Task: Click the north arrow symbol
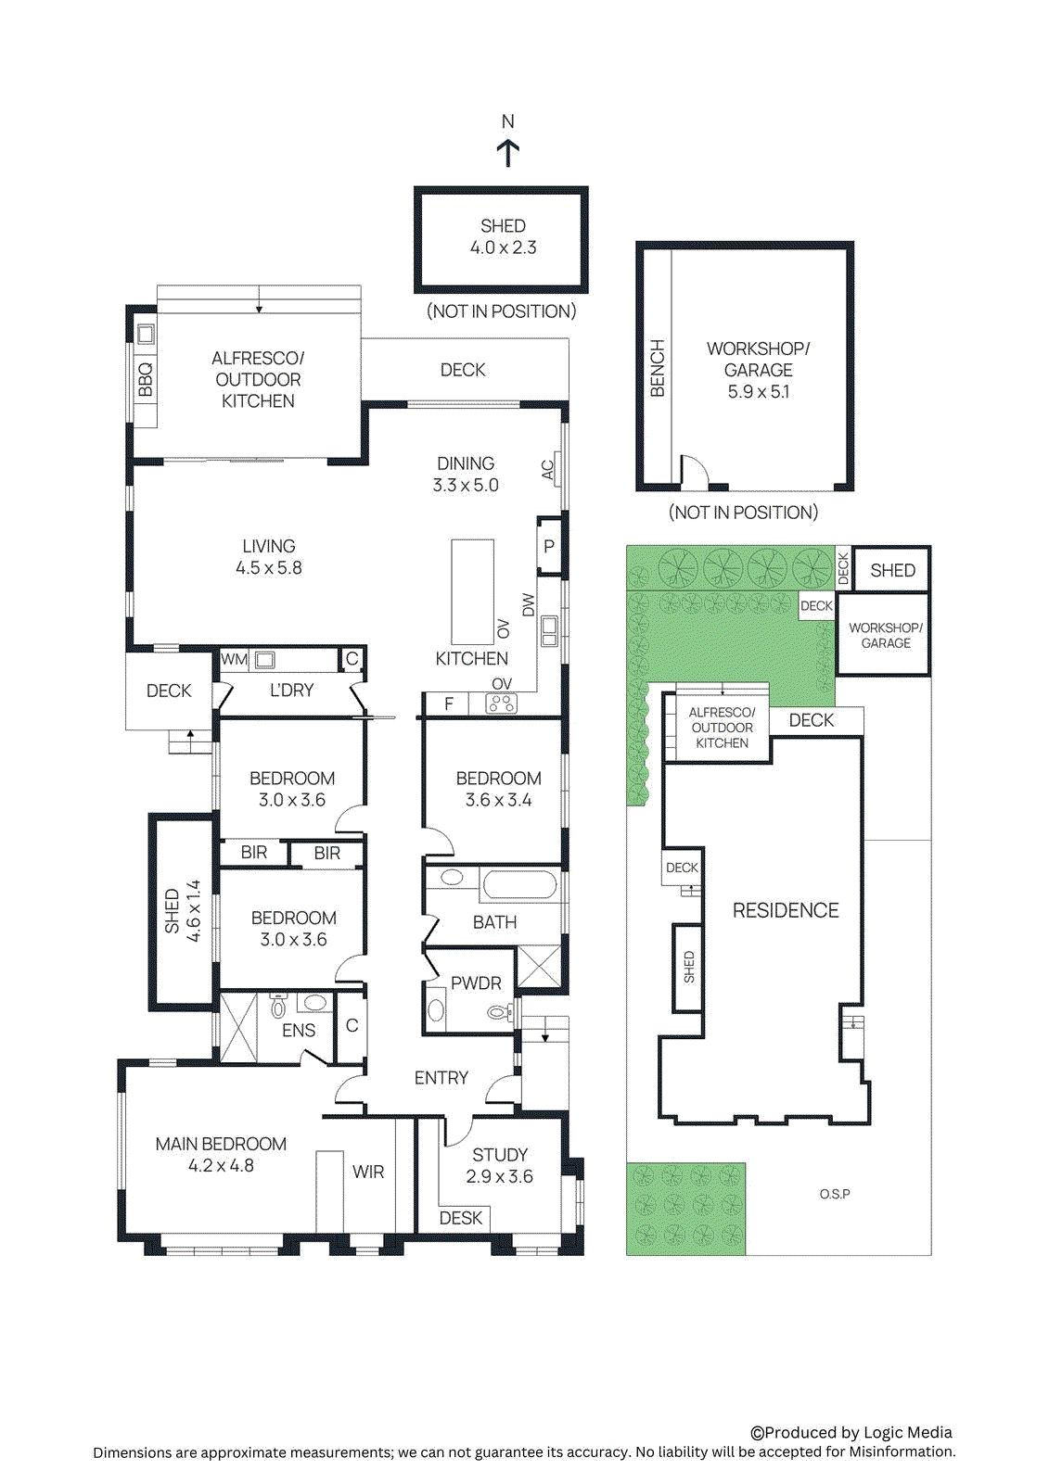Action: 507,152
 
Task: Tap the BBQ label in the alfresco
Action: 145,380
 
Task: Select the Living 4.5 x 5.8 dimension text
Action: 268,568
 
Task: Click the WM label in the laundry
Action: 234,660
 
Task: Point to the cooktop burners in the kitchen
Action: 502,704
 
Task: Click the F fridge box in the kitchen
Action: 449,704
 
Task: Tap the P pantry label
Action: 549,547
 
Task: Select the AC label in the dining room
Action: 548,470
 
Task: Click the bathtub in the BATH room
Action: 519,884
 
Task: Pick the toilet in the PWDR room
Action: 499,1013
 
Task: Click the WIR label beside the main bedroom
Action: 368,1172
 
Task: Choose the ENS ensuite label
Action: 299,1031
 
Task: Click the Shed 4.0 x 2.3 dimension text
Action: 503,247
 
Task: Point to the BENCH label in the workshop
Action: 658,369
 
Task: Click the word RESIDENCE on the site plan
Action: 786,911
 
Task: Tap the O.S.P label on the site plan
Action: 835,1194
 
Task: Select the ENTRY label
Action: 441,1078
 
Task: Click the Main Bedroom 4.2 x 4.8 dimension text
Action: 221,1166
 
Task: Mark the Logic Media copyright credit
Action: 851,1433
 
